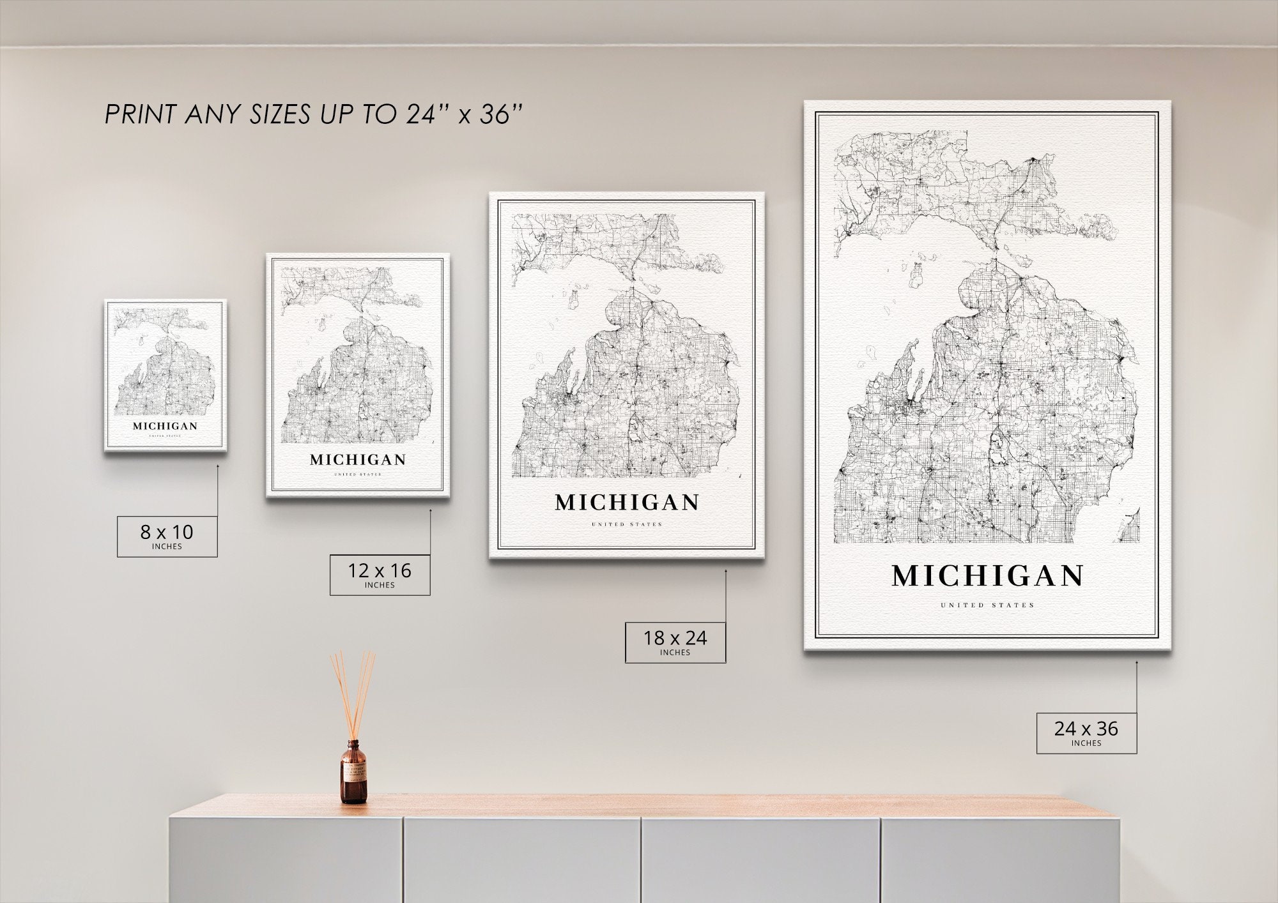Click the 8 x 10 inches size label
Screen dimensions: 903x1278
[167, 536]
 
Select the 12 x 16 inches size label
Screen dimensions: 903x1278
[380, 575]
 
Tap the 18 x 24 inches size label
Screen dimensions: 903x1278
[675, 642]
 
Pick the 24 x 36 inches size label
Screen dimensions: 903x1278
[1086, 732]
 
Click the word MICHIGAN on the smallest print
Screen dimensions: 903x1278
[165, 426]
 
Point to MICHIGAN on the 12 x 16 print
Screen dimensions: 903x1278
[358, 460]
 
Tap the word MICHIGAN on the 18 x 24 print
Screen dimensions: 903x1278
[627, 503]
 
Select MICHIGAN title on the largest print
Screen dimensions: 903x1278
[987, 576]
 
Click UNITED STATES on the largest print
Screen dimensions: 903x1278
[987, 605]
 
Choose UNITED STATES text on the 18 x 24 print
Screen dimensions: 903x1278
[627, 524]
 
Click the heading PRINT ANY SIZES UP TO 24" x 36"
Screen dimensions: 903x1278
[313, 115]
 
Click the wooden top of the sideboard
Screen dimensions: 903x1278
[639, 806]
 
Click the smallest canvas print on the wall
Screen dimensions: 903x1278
[166, 376]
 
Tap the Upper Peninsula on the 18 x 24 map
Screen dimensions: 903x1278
[607, 243]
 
